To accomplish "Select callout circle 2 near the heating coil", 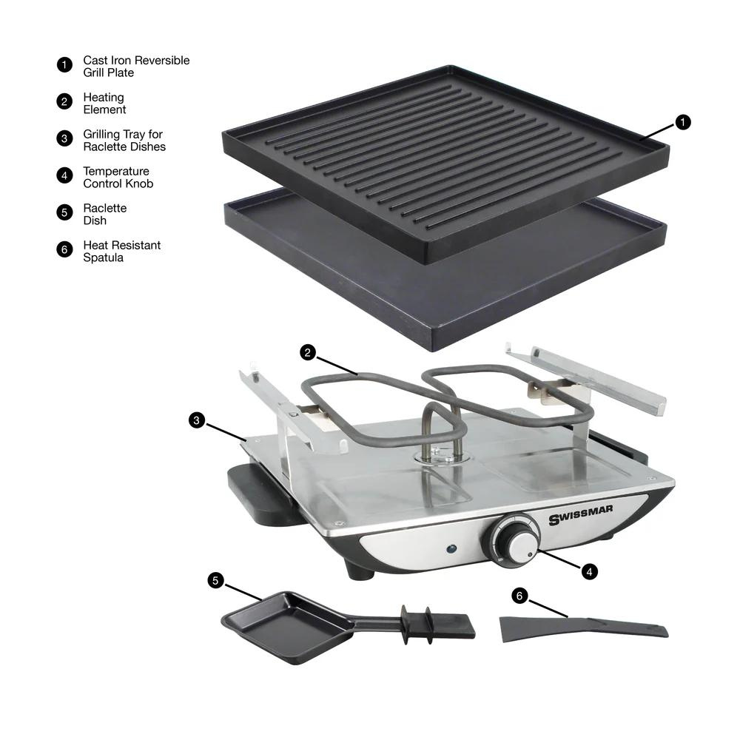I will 309,353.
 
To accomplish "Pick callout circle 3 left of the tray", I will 196,420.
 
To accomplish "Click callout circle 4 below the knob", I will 589,571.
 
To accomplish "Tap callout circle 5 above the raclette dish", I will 215,580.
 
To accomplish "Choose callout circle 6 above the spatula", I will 519,595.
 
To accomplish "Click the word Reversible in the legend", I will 161,61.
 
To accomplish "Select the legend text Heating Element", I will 104,104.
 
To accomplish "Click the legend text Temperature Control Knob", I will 118,178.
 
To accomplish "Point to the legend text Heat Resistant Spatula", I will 121,252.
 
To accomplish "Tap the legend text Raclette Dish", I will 104,215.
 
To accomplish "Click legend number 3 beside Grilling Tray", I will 64,138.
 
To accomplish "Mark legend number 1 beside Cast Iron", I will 64,64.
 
